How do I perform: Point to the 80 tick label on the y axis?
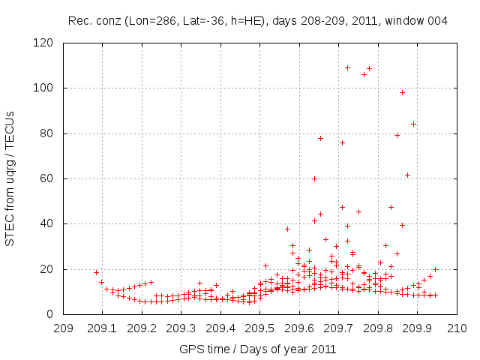point(46,133)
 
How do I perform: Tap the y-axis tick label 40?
point(46,223)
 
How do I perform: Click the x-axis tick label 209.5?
point(260,328)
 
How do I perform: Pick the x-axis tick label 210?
point(457,328)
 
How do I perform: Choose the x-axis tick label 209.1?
point(103,328)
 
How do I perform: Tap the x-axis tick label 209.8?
point(379,328)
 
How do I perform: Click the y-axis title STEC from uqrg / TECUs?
point(10,178)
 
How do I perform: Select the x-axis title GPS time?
point(202,349)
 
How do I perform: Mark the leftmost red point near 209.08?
point(96,272)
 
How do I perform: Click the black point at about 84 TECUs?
point(413,124)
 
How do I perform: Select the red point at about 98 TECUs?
point(402,92)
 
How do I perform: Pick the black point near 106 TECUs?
point(364,74)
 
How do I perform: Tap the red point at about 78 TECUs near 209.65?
point(320,138)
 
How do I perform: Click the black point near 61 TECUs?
point(407,175)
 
